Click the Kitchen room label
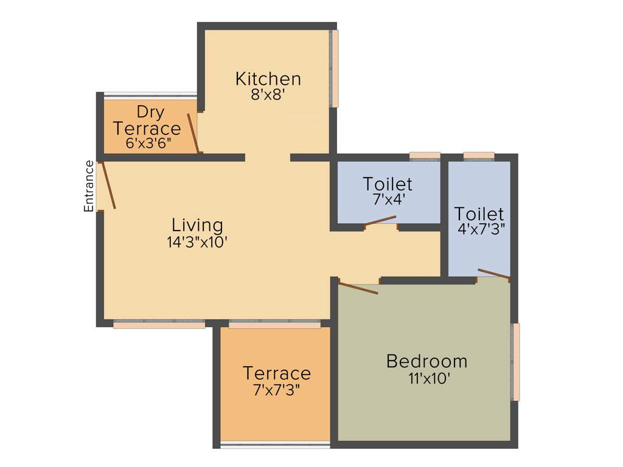(x=268, y=79)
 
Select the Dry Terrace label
(x=147, y=120)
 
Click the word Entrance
(x=89, y=186)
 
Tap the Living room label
(x=197, y=225)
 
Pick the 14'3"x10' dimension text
(x=197, y=241)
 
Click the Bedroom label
(x=426, y=361)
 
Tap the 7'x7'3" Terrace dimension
(x=277, y=390)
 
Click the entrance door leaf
(x=108, y=186)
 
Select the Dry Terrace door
(x=193, y=133)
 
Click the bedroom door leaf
(x=358, y=288)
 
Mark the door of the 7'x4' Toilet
(x=380, y=221)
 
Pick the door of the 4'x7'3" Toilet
(x=493, y=274)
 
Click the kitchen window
(x=334, y=69)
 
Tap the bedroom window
(x=516, y=362)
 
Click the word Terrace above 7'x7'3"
(x=277, y=373)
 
